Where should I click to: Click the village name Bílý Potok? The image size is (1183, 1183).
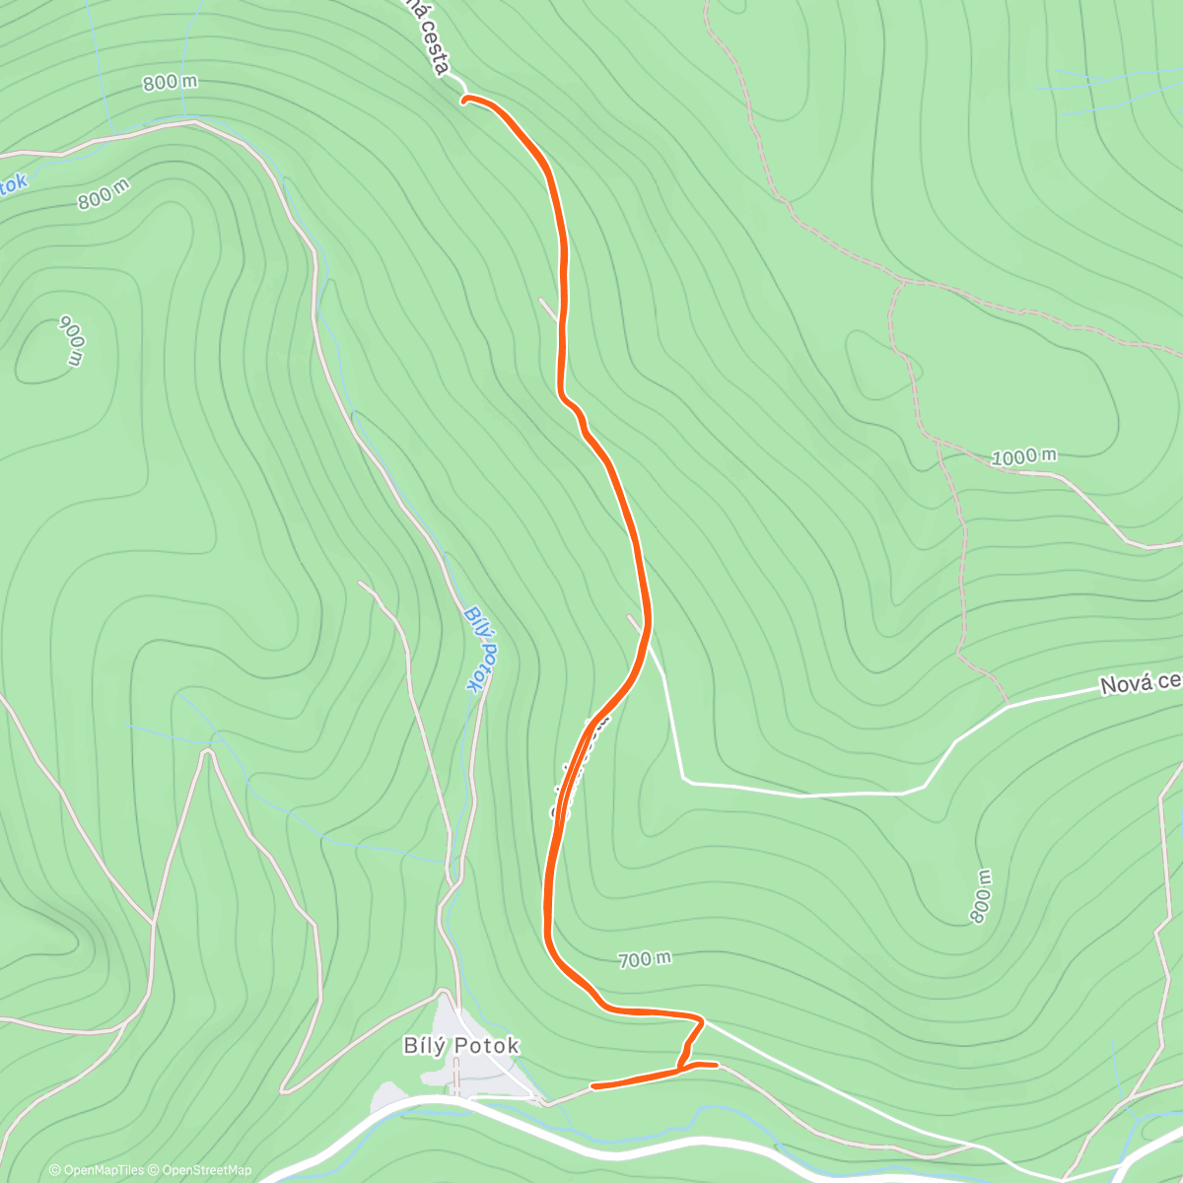click(461, 1046)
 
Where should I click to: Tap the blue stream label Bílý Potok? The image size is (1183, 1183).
click(480, 650)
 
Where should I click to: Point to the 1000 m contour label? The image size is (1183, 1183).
click(1023, 456)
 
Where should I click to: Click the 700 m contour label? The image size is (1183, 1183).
click(645, 958)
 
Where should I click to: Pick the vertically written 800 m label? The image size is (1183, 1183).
click(980, 896)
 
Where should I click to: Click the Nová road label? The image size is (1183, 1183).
click(1140, 682)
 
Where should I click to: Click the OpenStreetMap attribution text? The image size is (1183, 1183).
click(206, 1170)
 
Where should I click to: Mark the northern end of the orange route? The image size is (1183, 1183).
click(464, 99)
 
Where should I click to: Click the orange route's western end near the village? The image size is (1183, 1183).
click(592, 1086)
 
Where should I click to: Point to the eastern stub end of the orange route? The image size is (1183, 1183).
click(715, 1065)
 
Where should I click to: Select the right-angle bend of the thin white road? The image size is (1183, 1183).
click(686, 781)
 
